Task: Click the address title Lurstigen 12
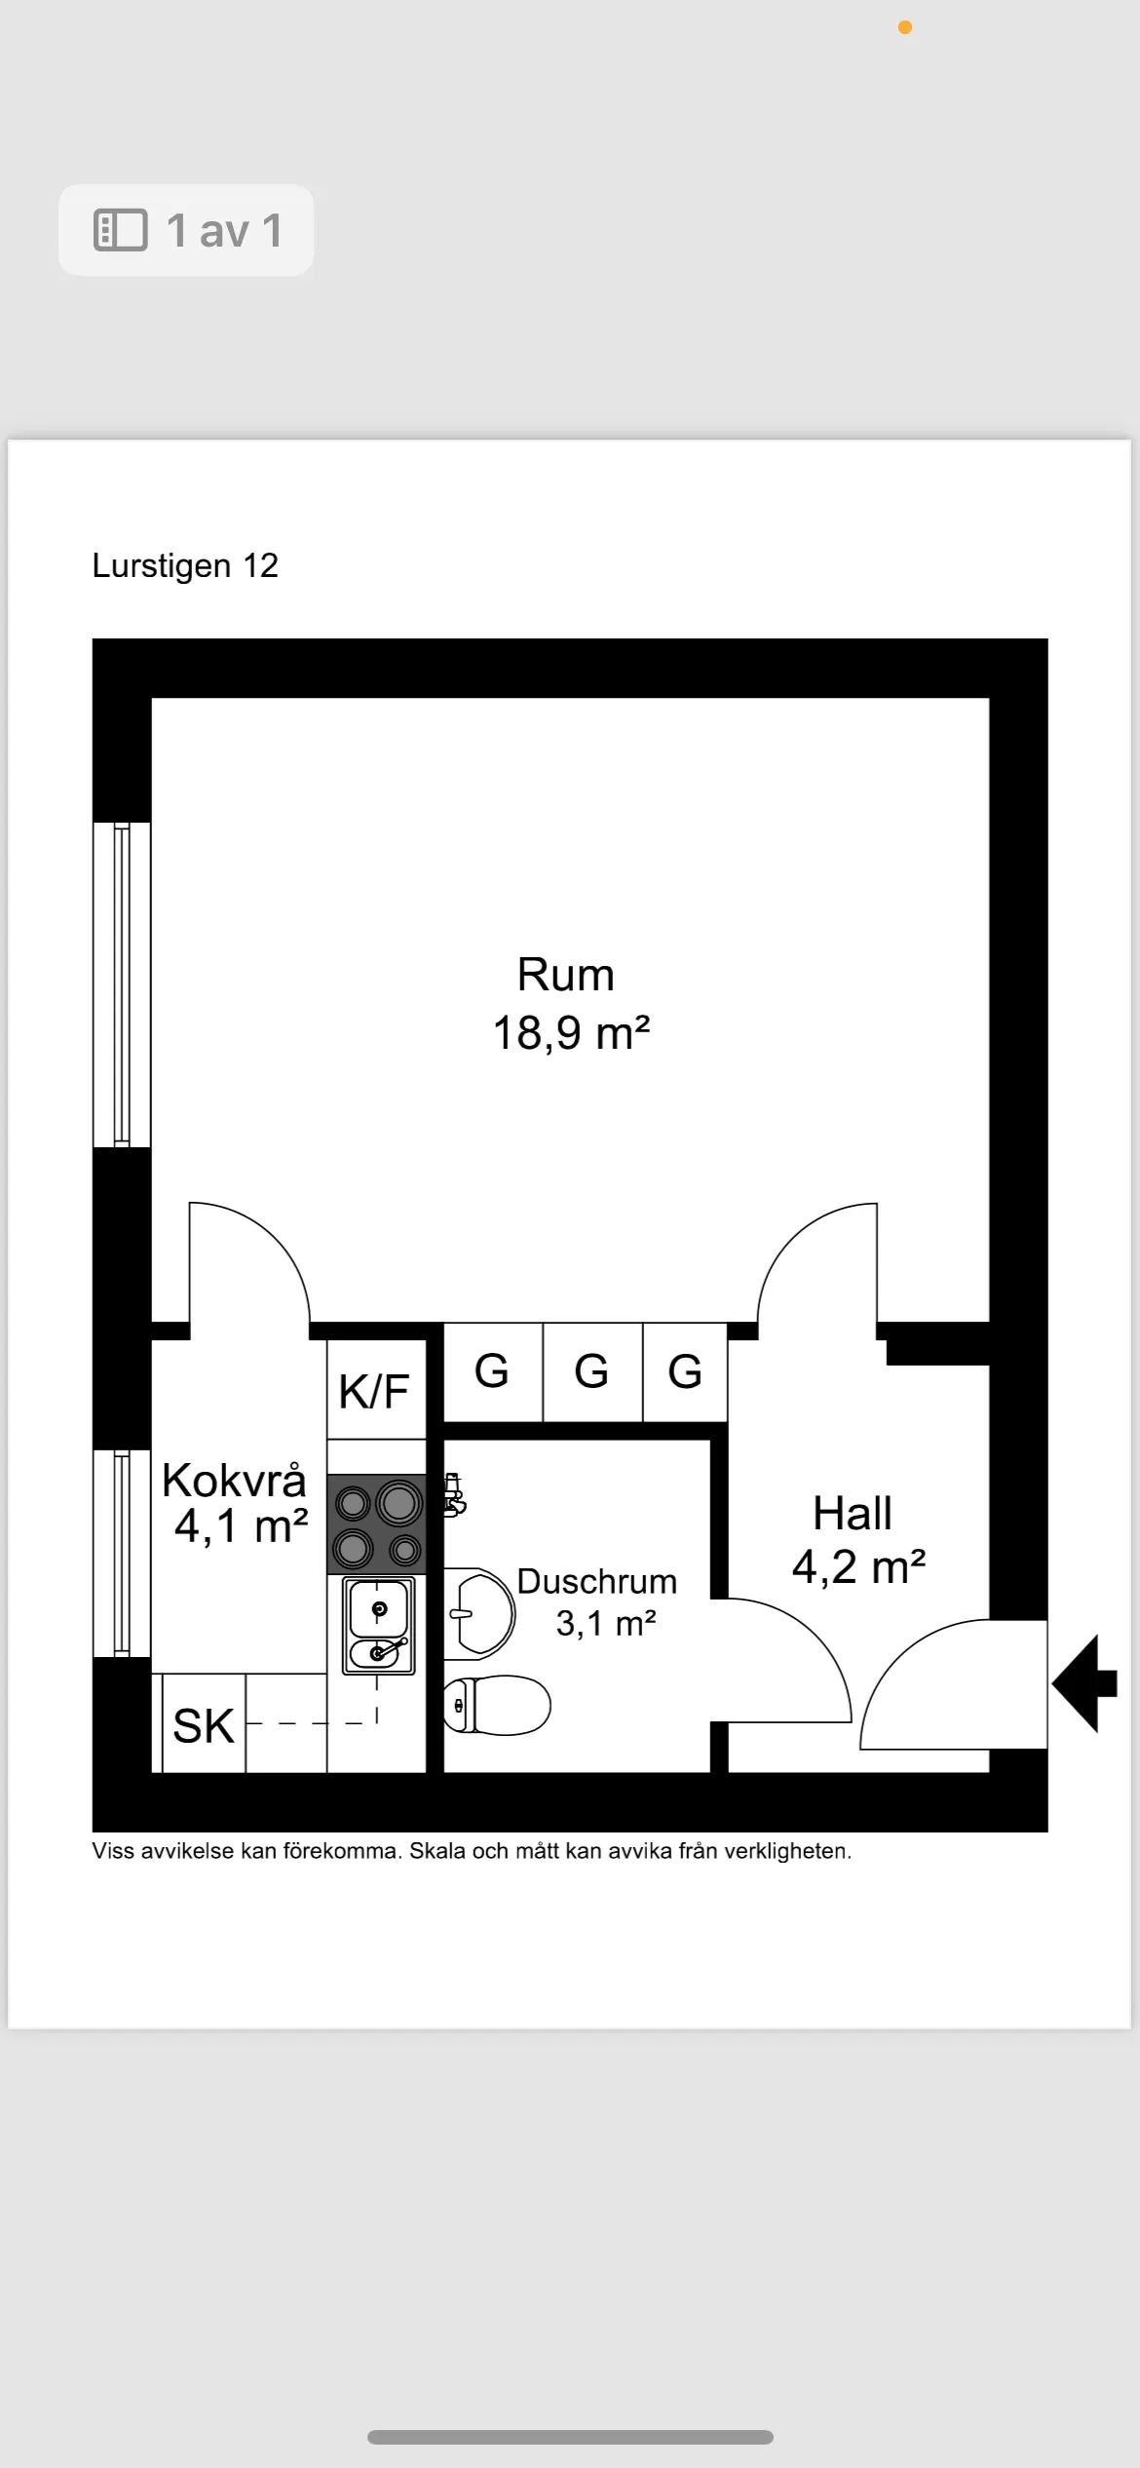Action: (x=185, y=565)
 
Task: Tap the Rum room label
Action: (x=565, y=975)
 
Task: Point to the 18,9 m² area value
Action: (x=571, y=1033)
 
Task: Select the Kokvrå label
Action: (x=234, y=1480)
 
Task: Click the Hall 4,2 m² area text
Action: (x=858, y=1567)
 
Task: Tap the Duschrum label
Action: (x=596, y=1581)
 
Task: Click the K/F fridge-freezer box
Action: (x=375, y=1391)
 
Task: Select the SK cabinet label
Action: (x=204, y=1726)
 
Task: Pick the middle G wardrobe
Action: (x=591, y=1371)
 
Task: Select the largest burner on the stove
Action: (x=399, y=1504)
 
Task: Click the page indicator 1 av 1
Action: (x=186, y=231)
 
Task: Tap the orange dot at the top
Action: (x=905, y=27)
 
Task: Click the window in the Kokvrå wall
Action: (x=122, y=1553)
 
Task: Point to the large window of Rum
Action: (x=122, y=984)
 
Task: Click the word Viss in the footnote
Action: (x=113, y=1851)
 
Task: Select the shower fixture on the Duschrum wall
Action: (x=453, y=1495)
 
